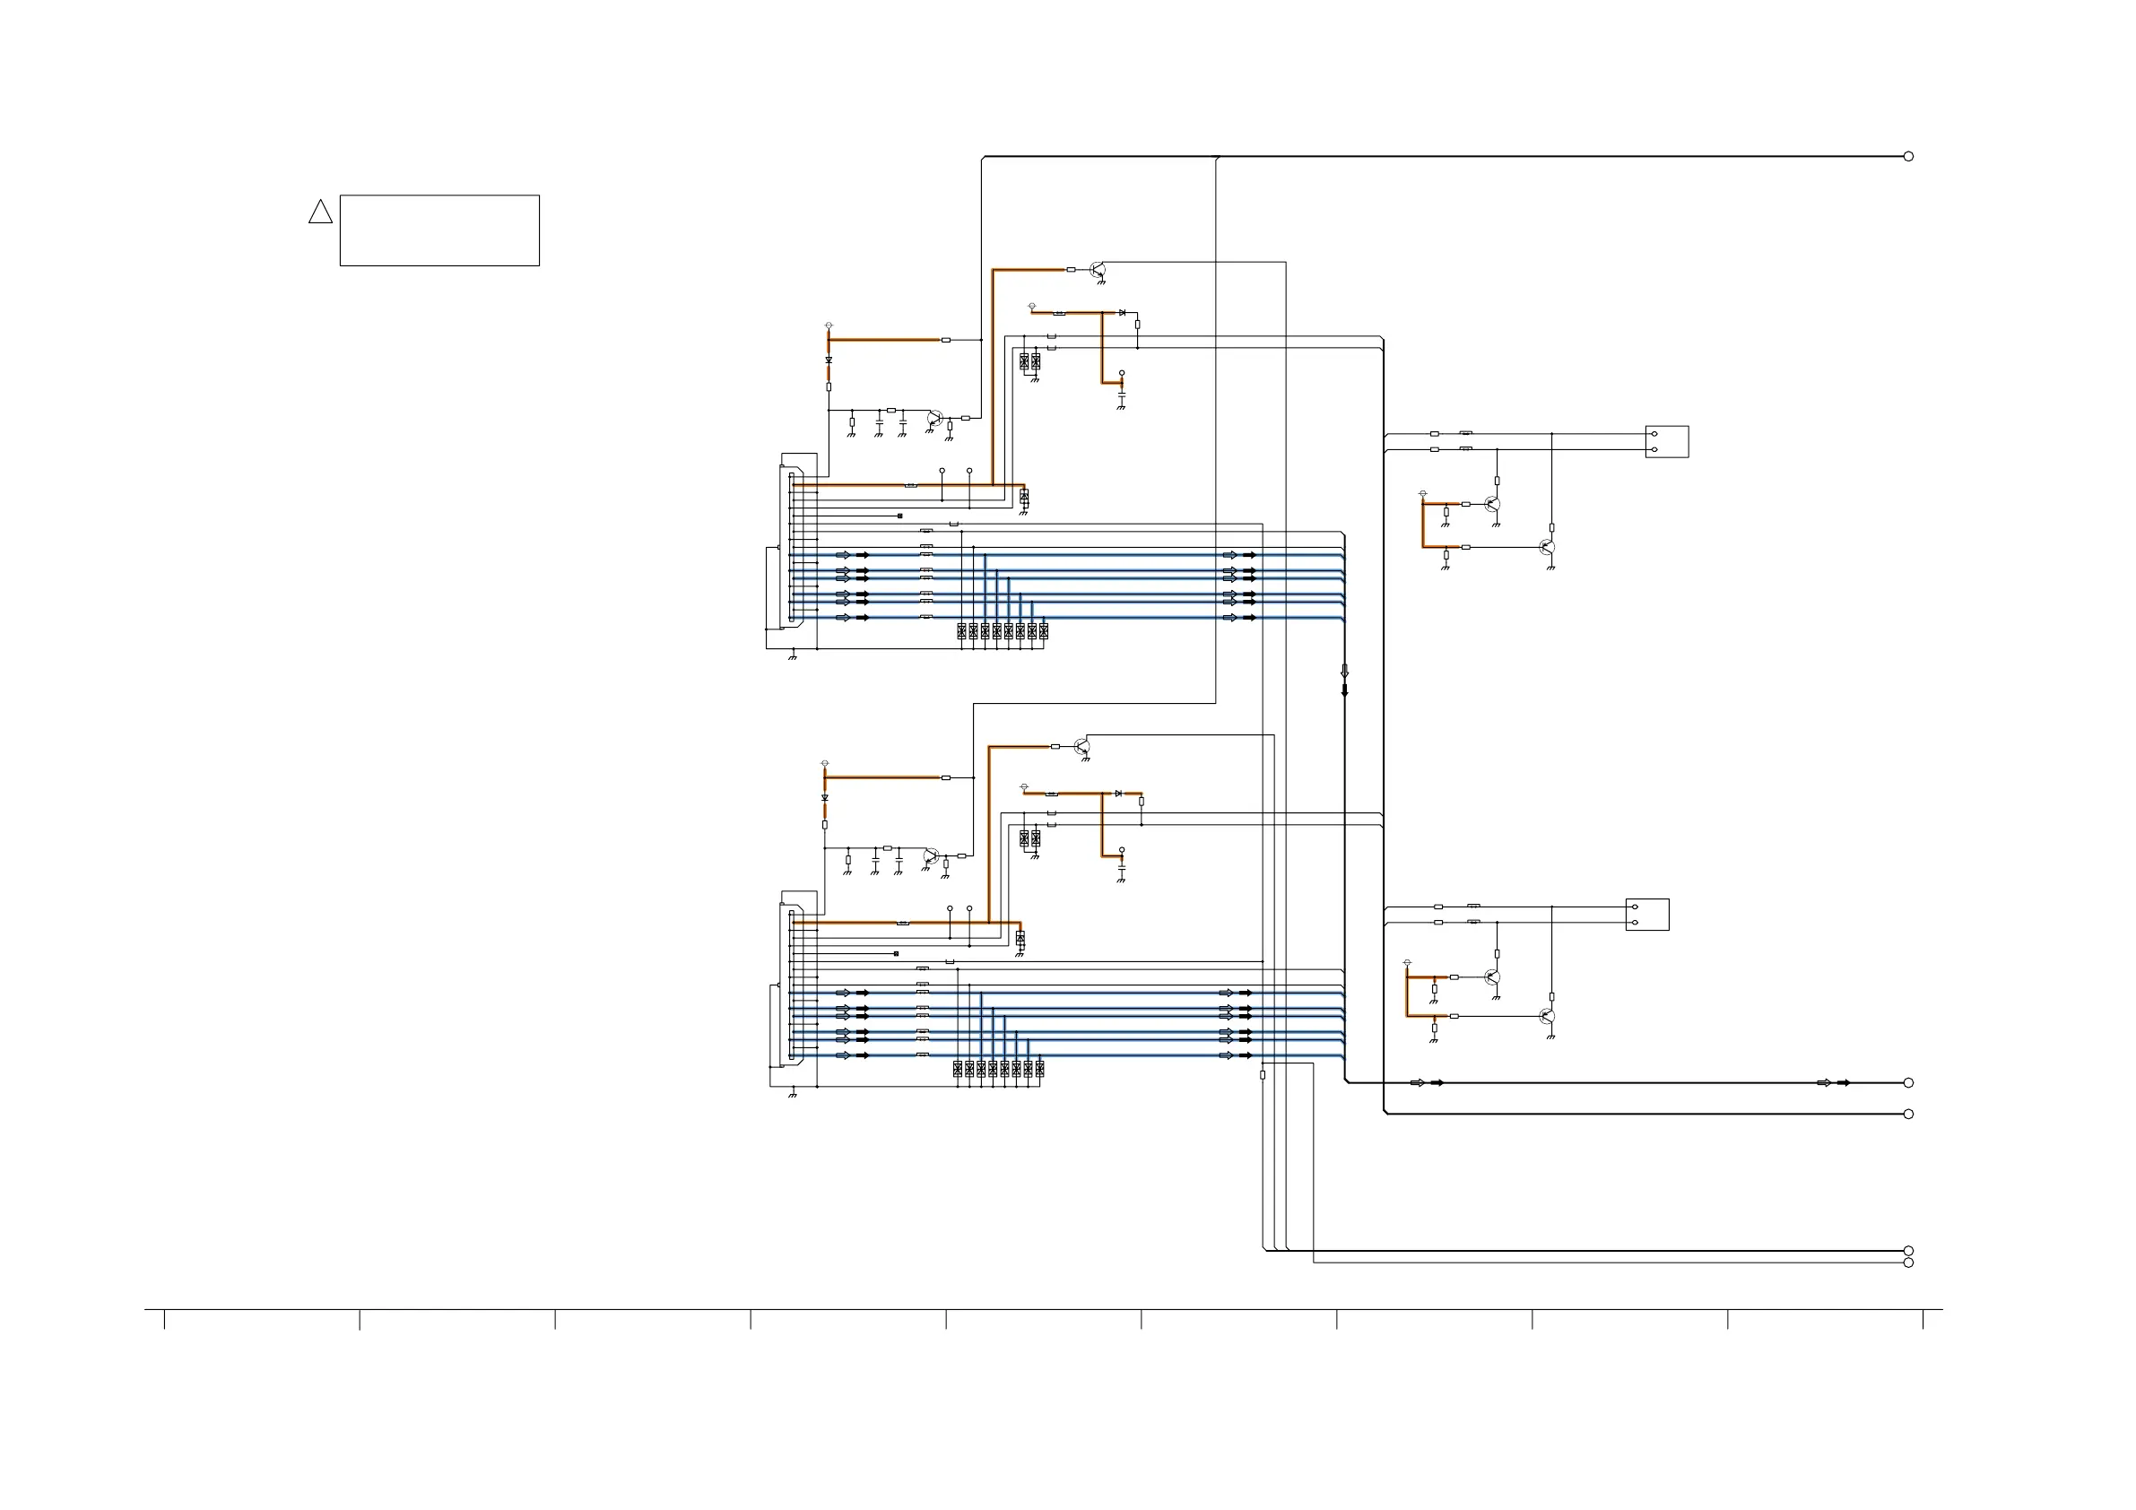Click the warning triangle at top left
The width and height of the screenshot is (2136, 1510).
click(320, 213)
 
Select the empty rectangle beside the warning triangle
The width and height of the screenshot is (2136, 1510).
click(439, 230)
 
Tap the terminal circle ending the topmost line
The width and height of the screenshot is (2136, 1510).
click(1908, 156)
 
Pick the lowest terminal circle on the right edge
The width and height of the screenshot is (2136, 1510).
click(1908, 1263)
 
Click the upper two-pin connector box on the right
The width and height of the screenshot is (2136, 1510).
click(1666, 442)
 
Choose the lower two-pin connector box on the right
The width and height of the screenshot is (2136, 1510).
click(1646, 915)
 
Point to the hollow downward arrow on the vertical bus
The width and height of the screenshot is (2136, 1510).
click(1344, 671)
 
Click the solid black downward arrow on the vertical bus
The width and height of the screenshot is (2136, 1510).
click(1344, 690)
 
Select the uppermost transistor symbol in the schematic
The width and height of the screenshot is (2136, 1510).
click(1098, 270)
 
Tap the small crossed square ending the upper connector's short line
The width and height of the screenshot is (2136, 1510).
click(899, 516)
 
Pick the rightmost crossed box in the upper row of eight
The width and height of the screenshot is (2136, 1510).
click(1044, 630)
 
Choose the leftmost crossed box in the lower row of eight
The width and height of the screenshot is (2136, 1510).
click(958, 1069)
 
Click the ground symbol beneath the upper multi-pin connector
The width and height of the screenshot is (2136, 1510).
click(793, 657)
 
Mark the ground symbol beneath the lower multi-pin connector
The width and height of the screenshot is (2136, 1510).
click(793, 1095)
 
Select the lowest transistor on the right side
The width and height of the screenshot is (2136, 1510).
click(1546, 1017)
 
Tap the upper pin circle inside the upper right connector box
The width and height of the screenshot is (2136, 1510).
click(1654, 434)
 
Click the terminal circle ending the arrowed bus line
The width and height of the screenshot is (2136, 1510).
click(1908, 1083)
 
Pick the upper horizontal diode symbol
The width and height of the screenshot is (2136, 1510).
click(1122, 313)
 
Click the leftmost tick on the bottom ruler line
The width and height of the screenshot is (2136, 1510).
click(165, 1319)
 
